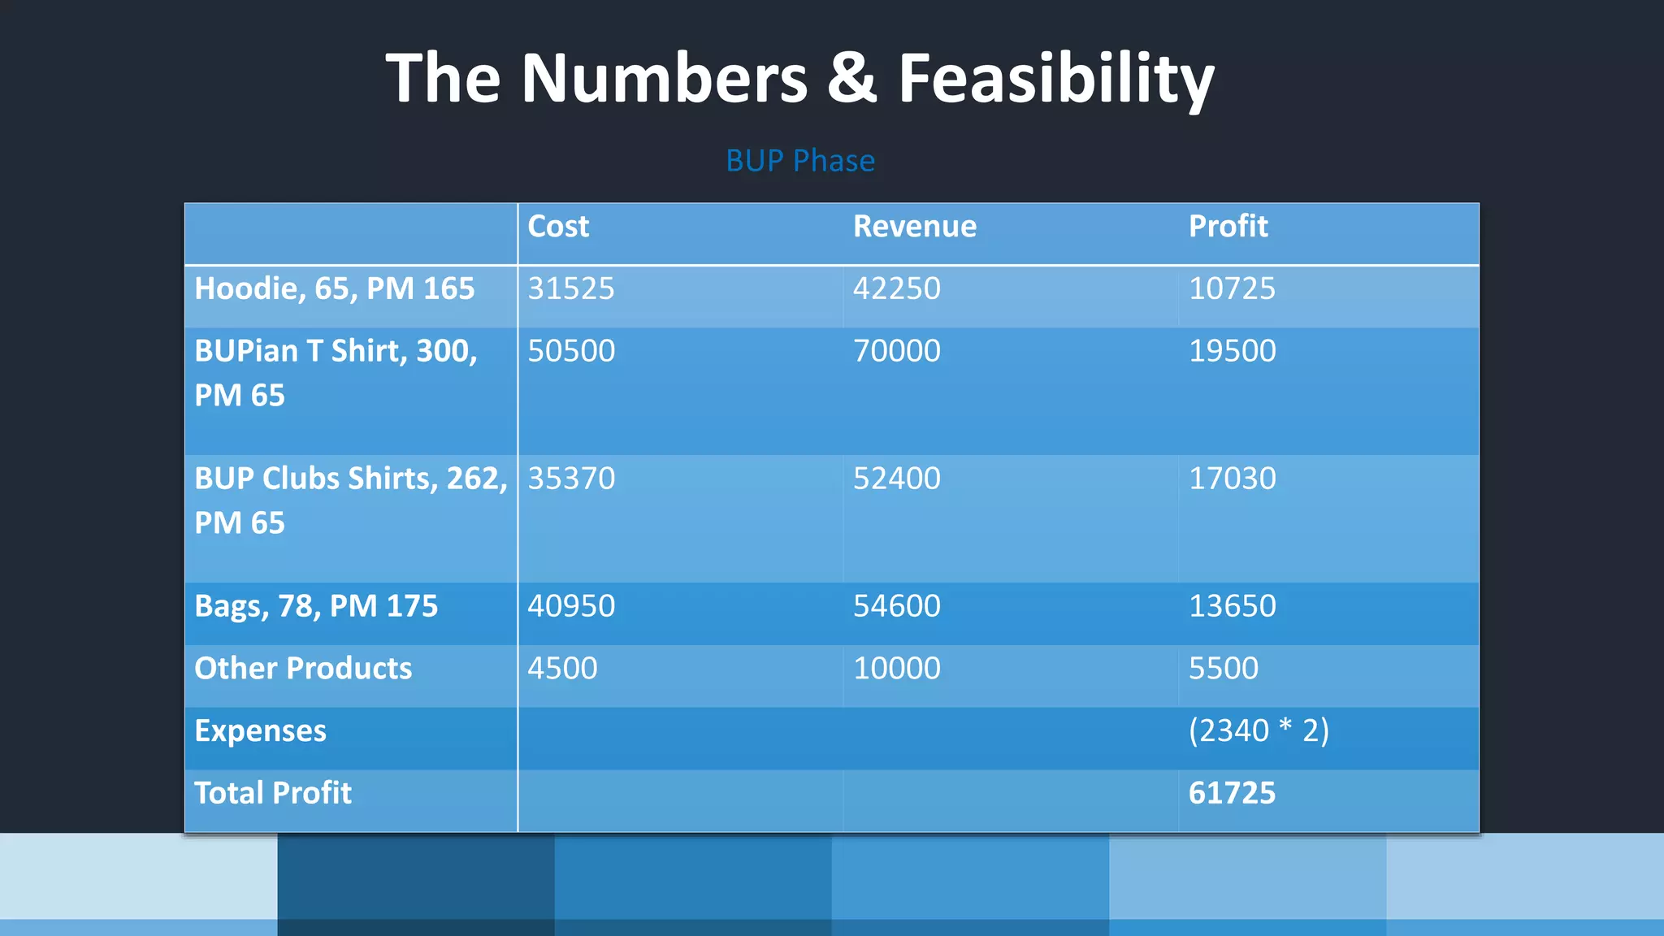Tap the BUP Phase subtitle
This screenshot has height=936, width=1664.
pyautogui.click(x=799, y=161)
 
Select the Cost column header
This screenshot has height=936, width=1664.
pyautogui.click(x=558, y=226)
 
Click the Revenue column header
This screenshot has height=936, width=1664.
pyautogui.click(x=914, y=226)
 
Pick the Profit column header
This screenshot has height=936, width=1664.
pyautogui.click(x=1228, y=226)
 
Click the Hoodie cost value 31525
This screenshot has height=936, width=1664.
pyautogui.click(x=571, y=288)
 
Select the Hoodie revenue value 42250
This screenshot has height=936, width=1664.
pyautogui.click(x=896, y=288)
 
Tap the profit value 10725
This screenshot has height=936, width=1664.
pyautogui.click(x=1232, y=288)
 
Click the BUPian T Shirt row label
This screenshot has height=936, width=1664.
pyautogui.click(x=336, y=372)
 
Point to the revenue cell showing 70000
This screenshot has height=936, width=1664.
pyautogui.click(x=896, y=351)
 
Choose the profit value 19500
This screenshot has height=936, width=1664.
pyautogui.click(x=1232, y=351)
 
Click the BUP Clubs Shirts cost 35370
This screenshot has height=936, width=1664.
pyautogui.click(x=571, y=479)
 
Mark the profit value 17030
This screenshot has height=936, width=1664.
pyautogui.click(x=1232, y=479)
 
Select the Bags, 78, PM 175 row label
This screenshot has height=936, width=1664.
pyautogui.click(x=316, y=606)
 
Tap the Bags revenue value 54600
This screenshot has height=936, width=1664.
pyautogui.click(x=896, y=606)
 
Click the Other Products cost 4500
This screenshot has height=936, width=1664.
pyautogui.click(x=562, y=669)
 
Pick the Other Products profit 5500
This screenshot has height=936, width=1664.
pyautogui.click(x=1223, y=669)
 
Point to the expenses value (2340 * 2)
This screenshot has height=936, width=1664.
pyautogui.click(x=1259, y=730)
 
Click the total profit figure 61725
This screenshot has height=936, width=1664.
pyautogui.click(x=1232, y=793)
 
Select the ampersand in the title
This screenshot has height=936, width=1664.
pyautogui.click(x=851, y=78)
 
